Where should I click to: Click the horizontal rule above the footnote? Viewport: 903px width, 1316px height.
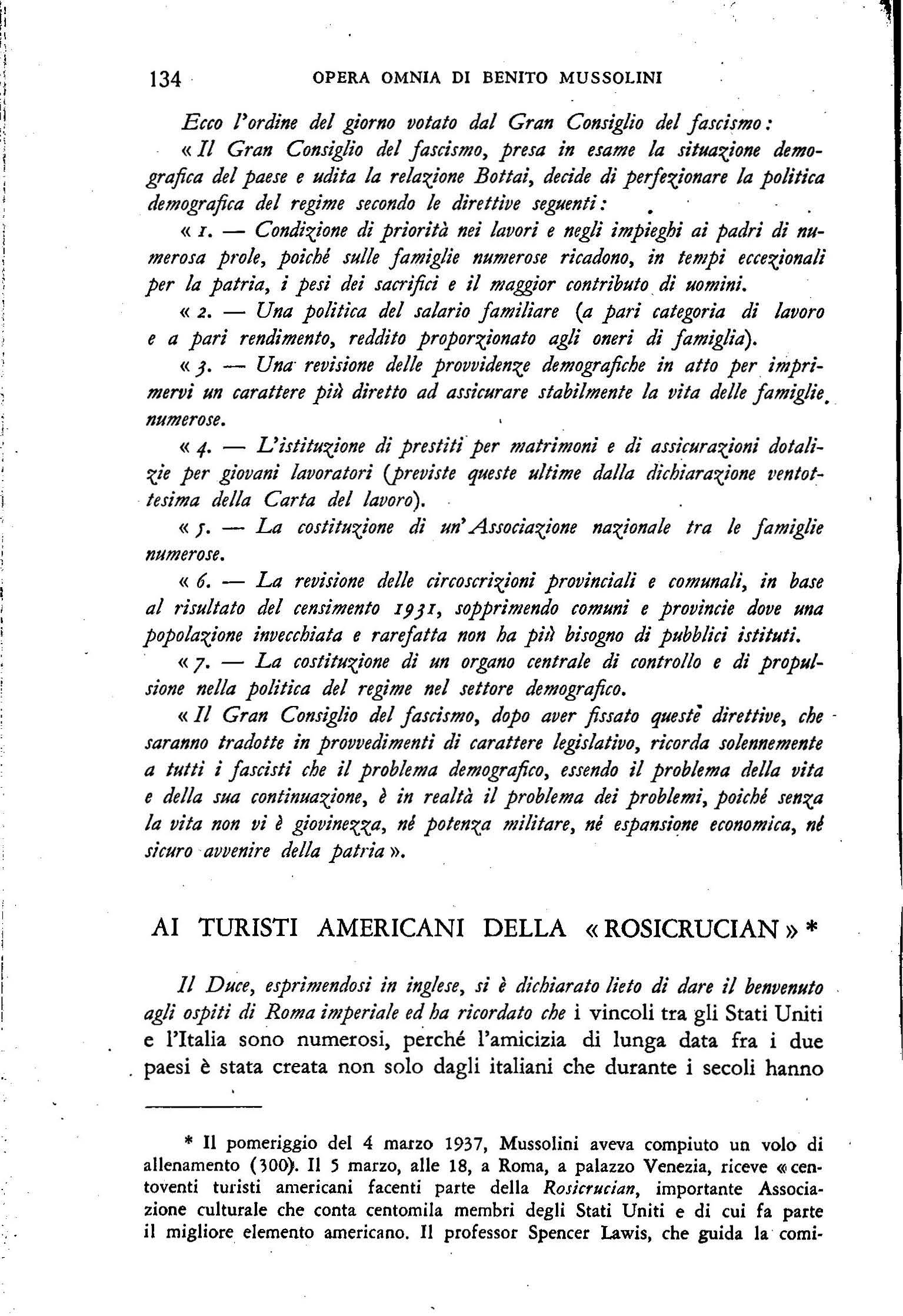click(203, 1092)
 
